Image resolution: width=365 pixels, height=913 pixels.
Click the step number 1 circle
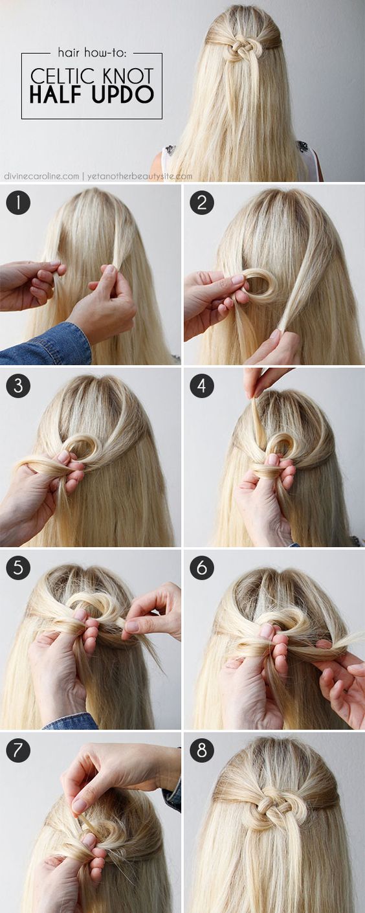coord(18,203)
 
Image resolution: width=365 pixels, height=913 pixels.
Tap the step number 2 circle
coord(202,203)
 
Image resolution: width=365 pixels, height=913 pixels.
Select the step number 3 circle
coord(18,386)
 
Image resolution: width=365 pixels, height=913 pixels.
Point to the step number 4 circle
coord(202,386)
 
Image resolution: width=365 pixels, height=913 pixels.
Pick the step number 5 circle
coord(18,568)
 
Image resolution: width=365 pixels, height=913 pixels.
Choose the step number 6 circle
coord(202,568)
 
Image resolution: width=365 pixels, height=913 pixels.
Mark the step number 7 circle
coord(18,750)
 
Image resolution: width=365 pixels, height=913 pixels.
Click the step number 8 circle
coord(202,750)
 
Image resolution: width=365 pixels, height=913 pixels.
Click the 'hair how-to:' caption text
coord(91,54)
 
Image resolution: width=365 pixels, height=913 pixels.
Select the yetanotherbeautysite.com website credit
coord(138,175)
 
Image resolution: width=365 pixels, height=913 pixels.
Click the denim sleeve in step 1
coord(52,346)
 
